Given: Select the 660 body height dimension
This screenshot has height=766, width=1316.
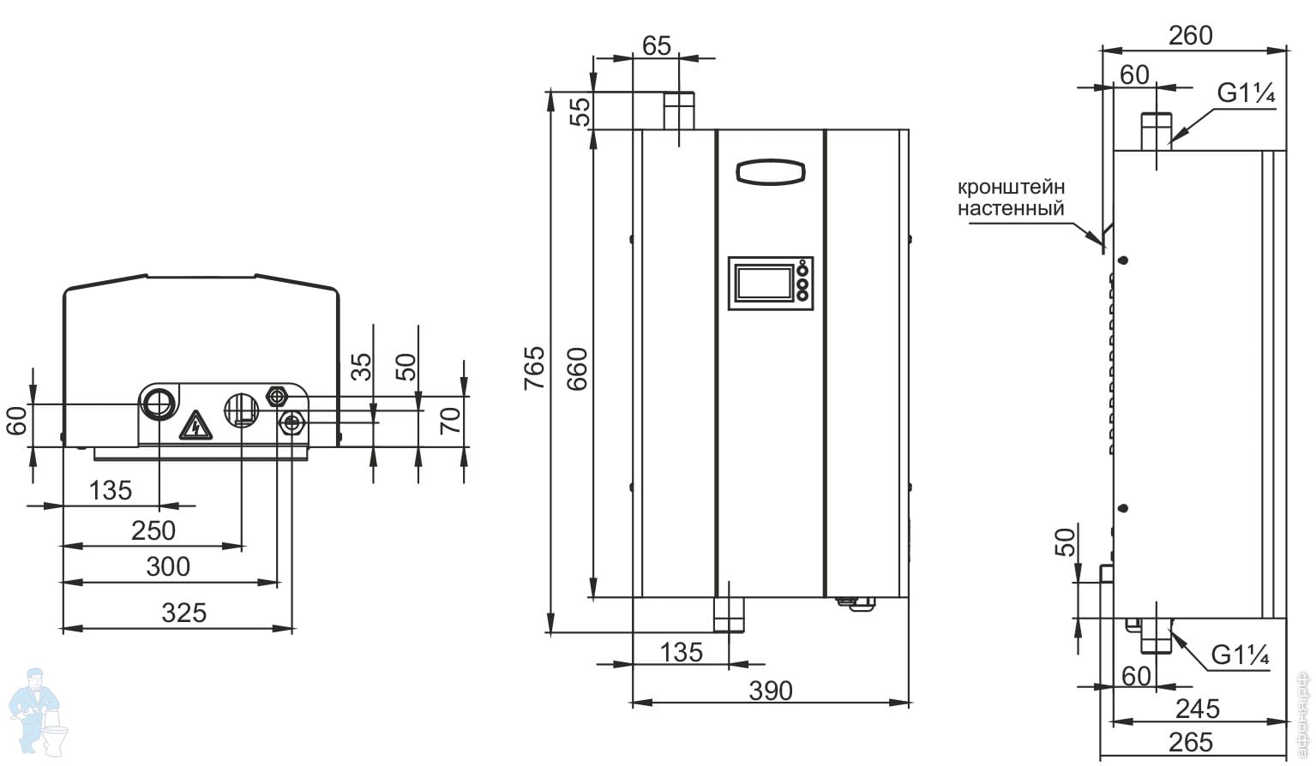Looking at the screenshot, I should tap(580, 368).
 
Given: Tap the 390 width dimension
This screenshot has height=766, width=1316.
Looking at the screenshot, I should tap(771, 691).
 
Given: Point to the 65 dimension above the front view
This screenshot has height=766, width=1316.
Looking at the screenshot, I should tap(656, 45).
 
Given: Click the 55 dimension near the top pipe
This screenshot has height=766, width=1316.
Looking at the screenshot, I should tap(582, 111).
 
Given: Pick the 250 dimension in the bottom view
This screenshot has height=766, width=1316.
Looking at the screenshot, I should tap(153, 530).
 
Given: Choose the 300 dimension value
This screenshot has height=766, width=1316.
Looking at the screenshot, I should tap(168, 566).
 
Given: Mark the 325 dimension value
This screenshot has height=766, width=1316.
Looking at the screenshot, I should tap(184, 613).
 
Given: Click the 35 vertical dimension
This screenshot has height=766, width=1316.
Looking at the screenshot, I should tap(363, 367).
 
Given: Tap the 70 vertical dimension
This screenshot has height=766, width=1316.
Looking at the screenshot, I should tap(451, 421).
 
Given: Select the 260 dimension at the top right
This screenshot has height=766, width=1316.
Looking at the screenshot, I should tap(1191, 35).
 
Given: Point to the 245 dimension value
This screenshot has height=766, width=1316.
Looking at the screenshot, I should tap(1197, 709).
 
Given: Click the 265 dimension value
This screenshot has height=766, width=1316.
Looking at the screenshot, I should tap(1191, 742).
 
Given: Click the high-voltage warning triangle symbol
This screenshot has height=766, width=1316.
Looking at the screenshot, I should tap(195, 425).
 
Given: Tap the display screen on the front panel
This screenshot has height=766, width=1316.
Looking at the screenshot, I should tap(764, 283).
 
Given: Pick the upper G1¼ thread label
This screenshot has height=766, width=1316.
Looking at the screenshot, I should tap(1247, 93).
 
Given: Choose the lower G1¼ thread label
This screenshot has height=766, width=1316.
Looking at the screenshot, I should tap(1240, 655).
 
